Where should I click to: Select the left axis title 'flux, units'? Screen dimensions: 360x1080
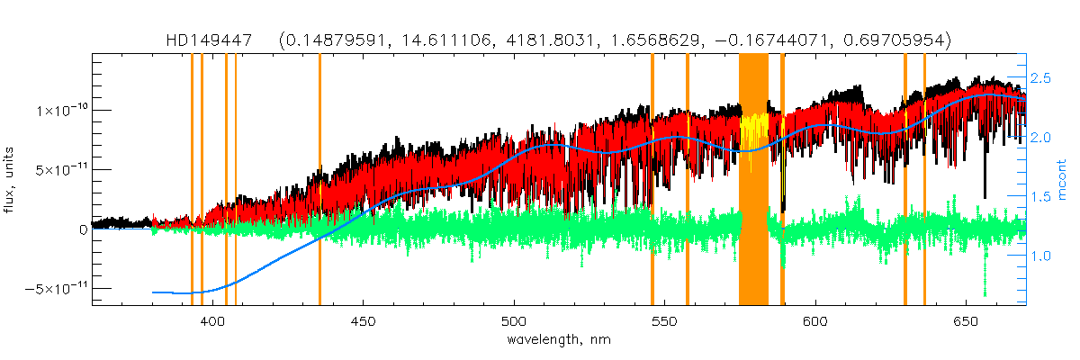click(14, 179)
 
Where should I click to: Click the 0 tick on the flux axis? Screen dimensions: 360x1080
click(83, 229)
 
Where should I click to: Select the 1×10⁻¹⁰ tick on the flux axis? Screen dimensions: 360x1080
click(61, 111)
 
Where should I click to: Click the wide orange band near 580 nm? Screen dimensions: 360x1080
click(753, 180)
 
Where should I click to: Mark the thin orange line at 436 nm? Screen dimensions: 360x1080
click(319, 180)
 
